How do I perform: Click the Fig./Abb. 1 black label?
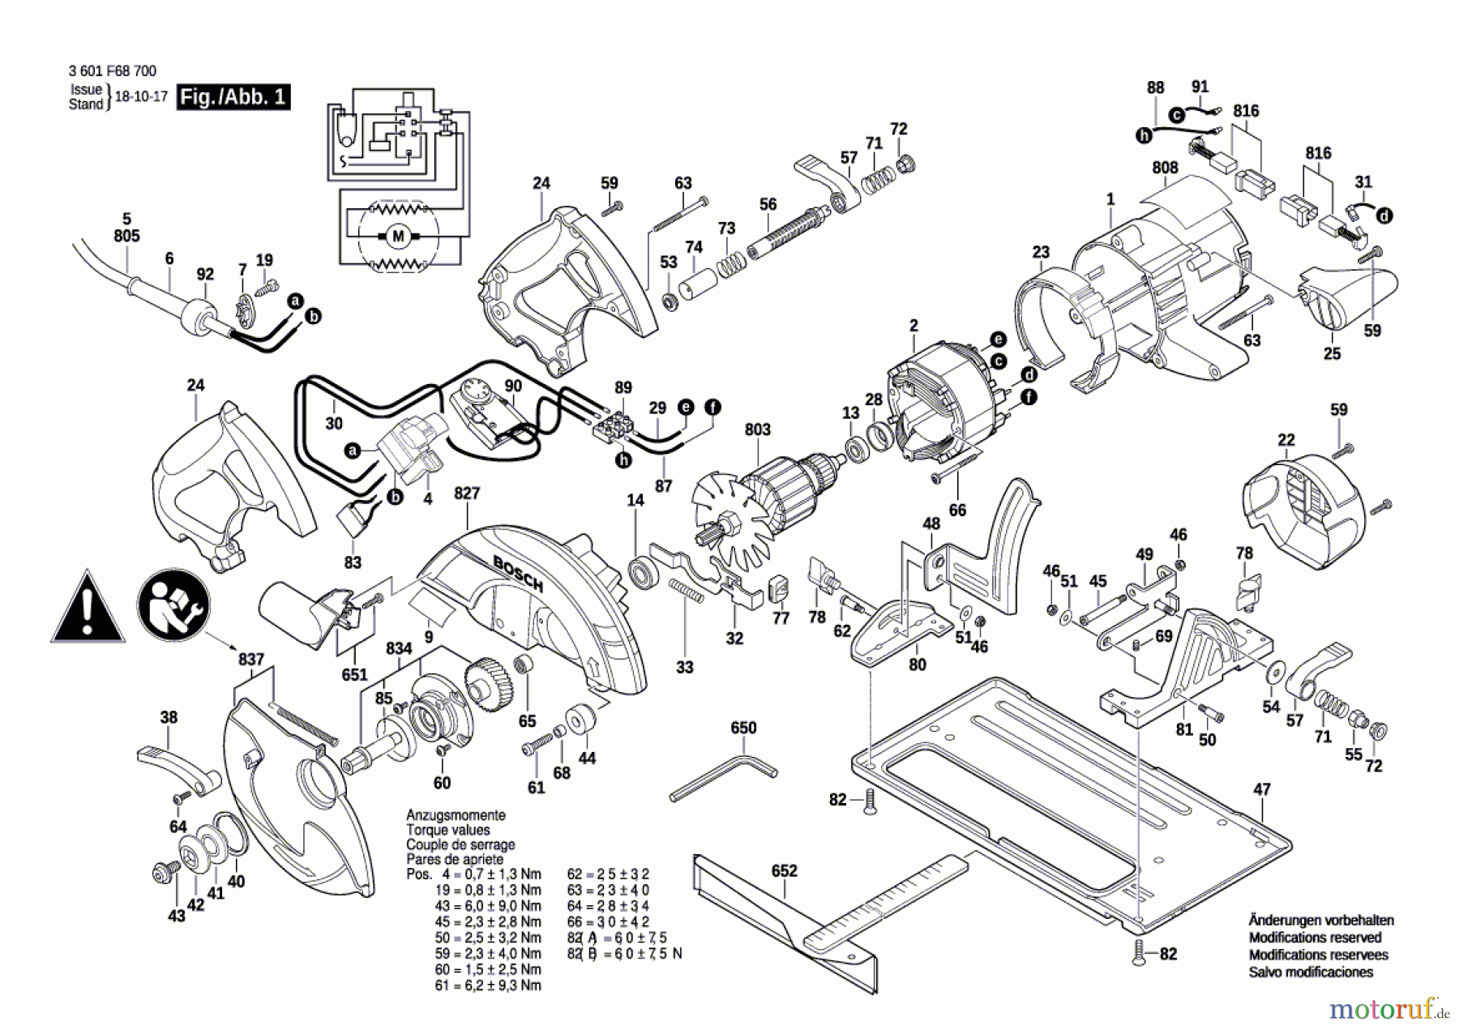(233, 97)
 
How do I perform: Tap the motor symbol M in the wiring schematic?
(398, 237)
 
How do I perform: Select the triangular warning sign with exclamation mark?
(88, 609)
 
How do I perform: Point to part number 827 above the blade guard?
(467, 493)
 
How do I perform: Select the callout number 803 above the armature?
(757, 430)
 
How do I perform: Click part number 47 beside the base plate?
(1262, 789)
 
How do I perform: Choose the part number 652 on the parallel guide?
(784, 870)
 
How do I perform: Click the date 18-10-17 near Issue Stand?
(141, 96)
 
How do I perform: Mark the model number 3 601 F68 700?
(113, 71)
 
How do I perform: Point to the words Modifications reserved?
(1315, 938)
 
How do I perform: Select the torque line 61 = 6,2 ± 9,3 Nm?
(488, 985)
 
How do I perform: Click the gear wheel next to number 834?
(490, 685)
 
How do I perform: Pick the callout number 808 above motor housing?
(1165, 168)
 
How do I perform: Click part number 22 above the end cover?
(1286, 440)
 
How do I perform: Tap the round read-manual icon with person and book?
(173, 605)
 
